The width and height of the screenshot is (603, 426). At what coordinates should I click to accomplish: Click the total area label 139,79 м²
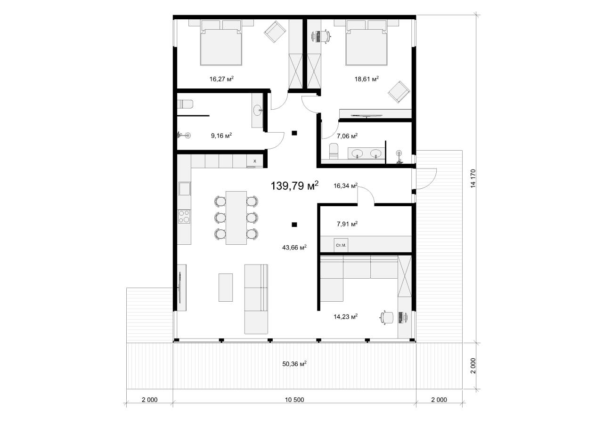[x=294, y=185]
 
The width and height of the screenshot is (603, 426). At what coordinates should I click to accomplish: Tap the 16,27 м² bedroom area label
[x=221, y=79]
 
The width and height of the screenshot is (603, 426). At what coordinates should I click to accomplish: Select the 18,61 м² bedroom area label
[x=367, y=79]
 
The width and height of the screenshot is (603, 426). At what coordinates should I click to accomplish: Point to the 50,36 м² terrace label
[x=294, y=364]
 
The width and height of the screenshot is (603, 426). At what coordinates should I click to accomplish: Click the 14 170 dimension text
[x=473, y=178]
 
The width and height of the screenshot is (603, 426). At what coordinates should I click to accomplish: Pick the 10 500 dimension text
[x=294, y=400]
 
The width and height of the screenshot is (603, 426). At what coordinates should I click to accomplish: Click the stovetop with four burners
[x=184, y=217]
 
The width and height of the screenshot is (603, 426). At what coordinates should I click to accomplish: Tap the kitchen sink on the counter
[x=184, y=189]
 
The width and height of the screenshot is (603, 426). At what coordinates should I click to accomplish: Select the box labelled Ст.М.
[x=341, y=245]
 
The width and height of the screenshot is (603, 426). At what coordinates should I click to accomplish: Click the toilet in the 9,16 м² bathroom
[x=185, y=104]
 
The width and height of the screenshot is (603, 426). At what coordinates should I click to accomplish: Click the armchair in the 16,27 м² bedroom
[x=275, y=32]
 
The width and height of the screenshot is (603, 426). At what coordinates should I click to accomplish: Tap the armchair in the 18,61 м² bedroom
[x=399, y=92]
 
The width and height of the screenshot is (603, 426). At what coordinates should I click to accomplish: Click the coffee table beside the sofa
[x=226, y=288]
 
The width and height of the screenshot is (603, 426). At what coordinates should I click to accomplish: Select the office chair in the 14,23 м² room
[x=387, y=317]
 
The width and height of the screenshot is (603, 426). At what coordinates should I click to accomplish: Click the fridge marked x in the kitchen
[x=255, y=161]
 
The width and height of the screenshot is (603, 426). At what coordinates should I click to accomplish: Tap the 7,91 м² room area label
[x=347, y=224]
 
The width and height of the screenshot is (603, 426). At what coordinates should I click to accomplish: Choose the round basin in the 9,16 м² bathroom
[x=258, y=110]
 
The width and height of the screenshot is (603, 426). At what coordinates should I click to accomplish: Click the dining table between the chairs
[x=236, y=218]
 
